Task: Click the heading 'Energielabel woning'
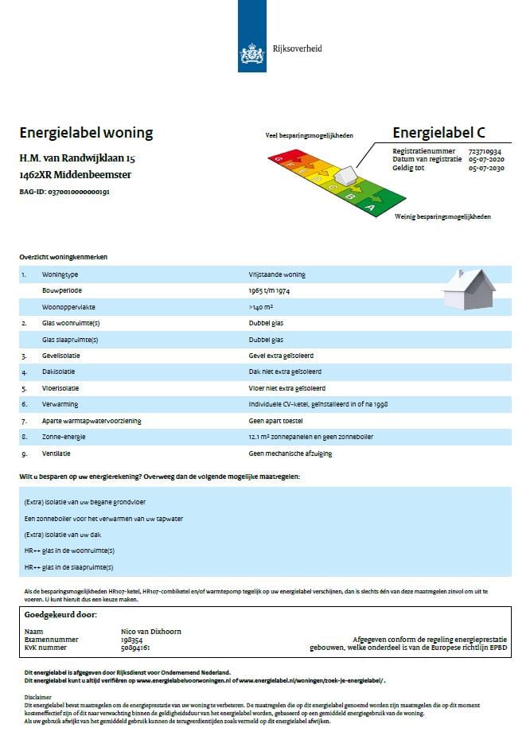[x=86, y=133]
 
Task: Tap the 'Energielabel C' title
[x=438, y=133]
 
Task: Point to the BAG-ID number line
[x=64, y=193]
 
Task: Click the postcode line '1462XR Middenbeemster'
[x=76, y=175]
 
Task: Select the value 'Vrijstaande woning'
[x=277, y=275]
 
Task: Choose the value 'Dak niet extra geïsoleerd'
[x=285, y=372]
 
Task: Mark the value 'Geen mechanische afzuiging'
[x=290, y=453]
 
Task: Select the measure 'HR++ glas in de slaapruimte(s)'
[x=68, y=567]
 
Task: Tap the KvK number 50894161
[x=136, y=648]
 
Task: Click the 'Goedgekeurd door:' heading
[x=60, y=616]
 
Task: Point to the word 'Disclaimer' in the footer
[x=39, y=697]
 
